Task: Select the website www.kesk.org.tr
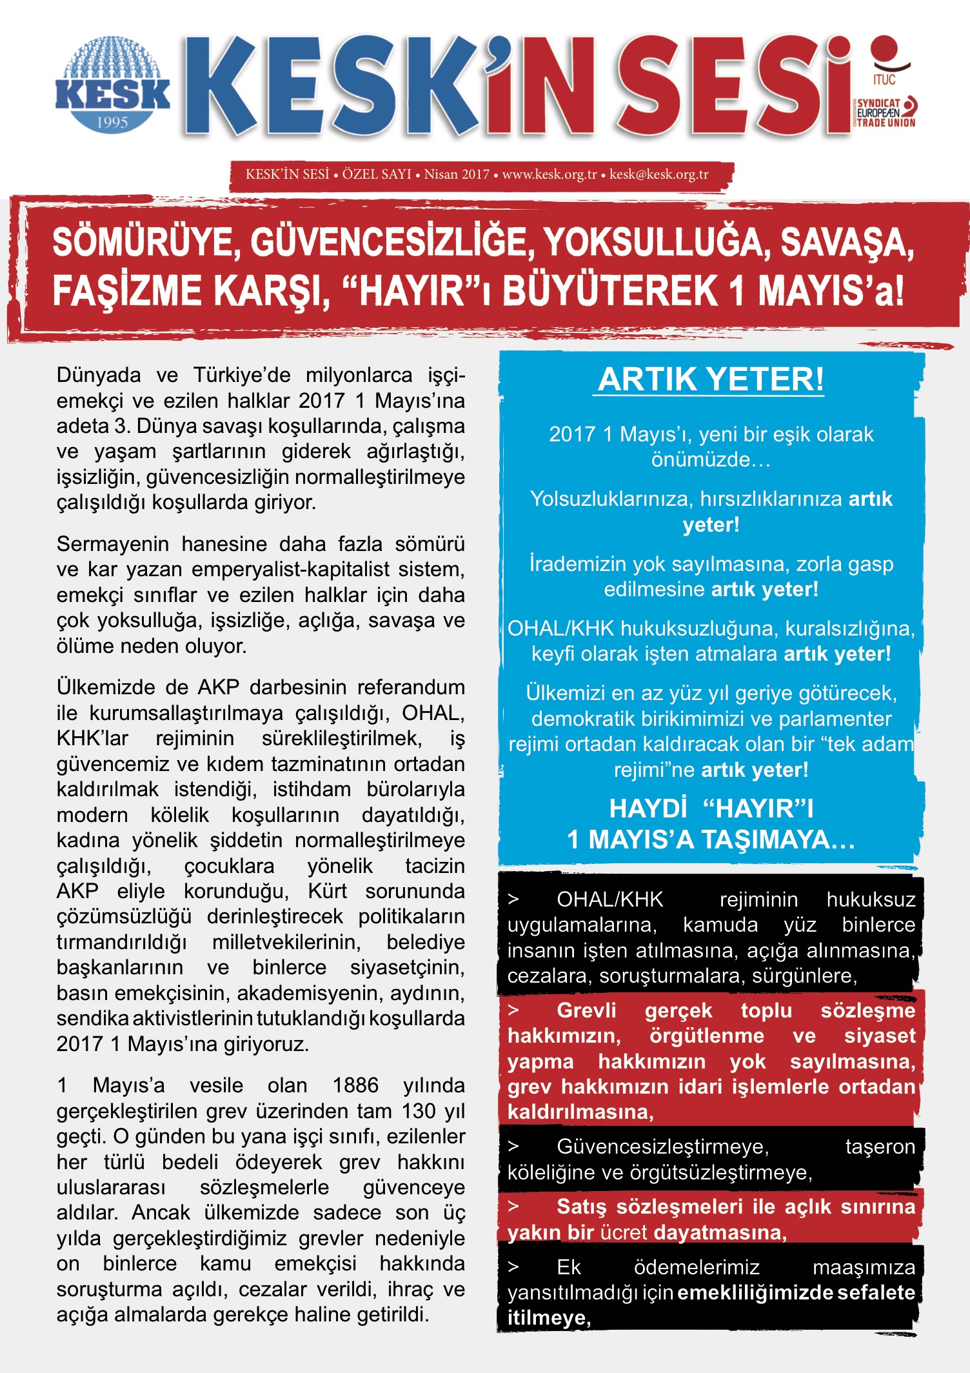coord(549,174)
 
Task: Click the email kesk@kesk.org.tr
coord(658,174)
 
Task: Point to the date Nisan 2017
coord(457,174)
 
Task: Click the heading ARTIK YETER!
coord(711,379)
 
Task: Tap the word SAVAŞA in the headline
coord(846,243)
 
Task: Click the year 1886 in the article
coord(355,1085)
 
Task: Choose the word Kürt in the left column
coord(327,891)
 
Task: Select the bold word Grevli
coord(586,1010)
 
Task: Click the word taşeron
coord(880,1147)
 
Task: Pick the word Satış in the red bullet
coord(581,1207)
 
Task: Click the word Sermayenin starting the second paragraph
coord(112,544)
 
